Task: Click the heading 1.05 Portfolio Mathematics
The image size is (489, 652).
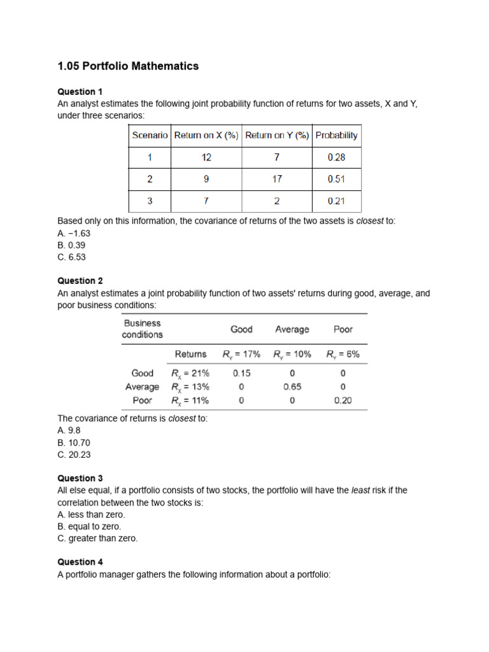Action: (x=128, y=66)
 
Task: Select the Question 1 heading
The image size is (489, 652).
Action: (x=80, y=92)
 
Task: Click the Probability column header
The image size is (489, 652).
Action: (x=336, y=135)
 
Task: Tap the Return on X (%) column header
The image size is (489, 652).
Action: (x=206, y=135)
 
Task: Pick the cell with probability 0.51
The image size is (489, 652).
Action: (x=336, y=179)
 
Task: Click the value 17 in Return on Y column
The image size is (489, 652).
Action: (x=276, y=179)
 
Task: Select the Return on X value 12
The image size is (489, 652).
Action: (x=206, y=157)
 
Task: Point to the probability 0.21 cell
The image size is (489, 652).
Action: (x=336, y=201)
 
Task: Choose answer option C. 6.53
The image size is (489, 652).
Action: (x=71, y=257)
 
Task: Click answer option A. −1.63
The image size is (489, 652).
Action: (x=73, y=233)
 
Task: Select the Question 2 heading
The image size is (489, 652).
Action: (x=80, y=281)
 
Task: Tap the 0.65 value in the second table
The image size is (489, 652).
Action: (x=292, y=386)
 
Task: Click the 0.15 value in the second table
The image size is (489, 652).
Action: (x=241, y=373)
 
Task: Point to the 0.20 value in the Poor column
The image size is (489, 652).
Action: (x=343, y=400)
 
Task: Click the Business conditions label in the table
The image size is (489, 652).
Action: (x=142, y=329)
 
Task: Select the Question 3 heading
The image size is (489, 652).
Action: (x=80, y=478)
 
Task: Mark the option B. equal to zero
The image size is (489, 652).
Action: (x=89, y=527)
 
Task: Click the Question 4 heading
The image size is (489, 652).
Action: (x=80, y=562)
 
